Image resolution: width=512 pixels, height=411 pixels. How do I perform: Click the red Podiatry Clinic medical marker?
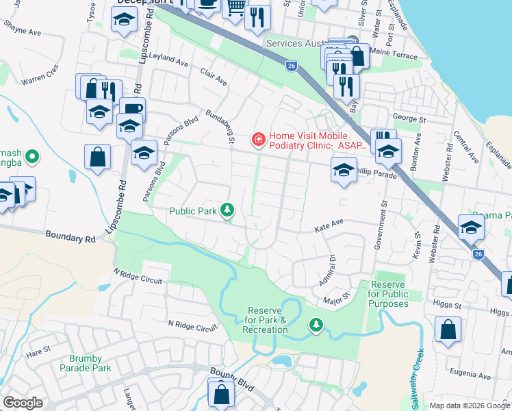coord(259,140)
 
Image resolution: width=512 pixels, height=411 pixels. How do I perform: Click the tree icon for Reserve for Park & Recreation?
coord(316,323)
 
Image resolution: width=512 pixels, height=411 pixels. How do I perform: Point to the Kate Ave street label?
coord(328,223)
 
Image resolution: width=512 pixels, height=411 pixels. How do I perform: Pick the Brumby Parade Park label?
coord(90,363)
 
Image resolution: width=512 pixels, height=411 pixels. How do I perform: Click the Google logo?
coord(23,403)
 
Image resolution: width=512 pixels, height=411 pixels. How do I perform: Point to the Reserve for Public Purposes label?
coord(388,294)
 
